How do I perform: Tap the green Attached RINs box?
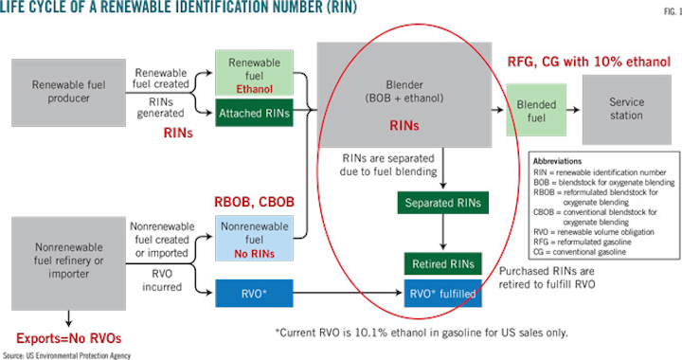point(255,112)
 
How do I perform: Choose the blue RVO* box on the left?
point(255,293)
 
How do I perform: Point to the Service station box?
point(627,109)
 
